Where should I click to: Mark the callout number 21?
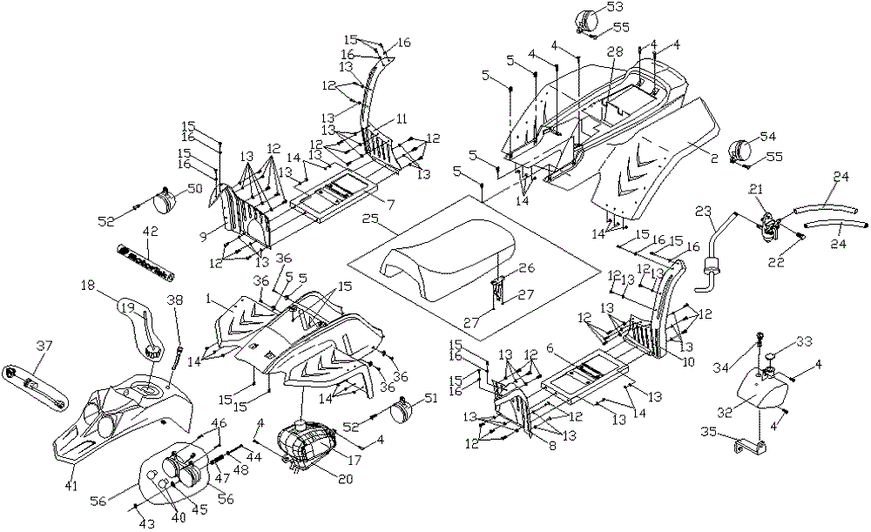[756, 189]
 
